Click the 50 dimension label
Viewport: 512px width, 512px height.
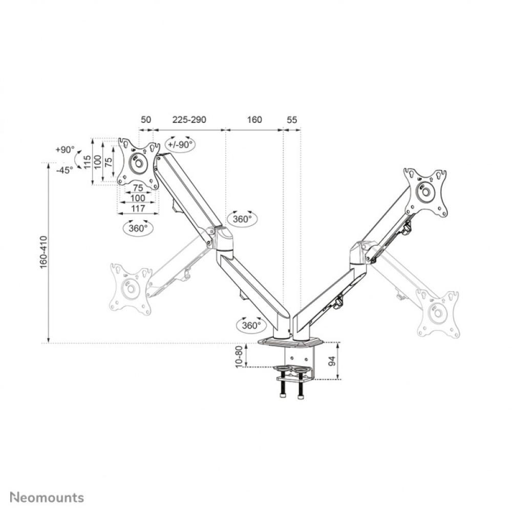146,120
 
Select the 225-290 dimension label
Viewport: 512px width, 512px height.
189,120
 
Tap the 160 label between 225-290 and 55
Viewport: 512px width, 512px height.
254,120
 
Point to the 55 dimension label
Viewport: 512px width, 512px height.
292,120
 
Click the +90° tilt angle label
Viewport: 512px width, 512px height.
65,150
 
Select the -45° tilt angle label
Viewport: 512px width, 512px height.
65,170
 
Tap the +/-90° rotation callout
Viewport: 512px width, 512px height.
180,144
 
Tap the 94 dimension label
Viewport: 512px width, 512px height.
331,361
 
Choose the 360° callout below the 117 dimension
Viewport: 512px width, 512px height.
138,228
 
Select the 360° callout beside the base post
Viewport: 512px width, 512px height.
251,325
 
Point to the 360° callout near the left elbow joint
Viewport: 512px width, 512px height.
242,219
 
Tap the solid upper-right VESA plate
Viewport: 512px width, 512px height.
425,193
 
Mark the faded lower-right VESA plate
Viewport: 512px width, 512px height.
438,313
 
